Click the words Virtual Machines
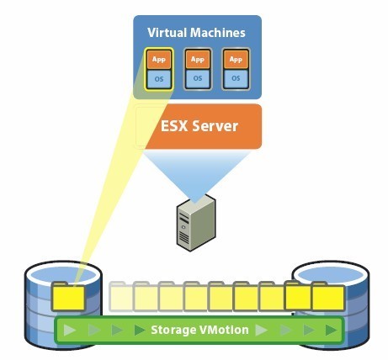(x=197, y=33)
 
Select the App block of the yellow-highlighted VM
(x=159, y=60)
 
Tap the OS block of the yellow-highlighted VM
(x=159, y=78)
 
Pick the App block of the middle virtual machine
(x=197, y=60)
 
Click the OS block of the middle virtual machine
(x=197, y=78)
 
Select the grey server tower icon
(x=194, y=223)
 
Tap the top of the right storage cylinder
(x=328, y=273)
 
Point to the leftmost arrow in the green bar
(x=70, y=330)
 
